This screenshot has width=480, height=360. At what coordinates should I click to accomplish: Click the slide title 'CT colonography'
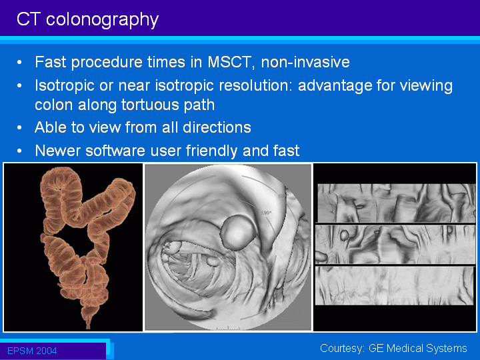(x=87, y=20)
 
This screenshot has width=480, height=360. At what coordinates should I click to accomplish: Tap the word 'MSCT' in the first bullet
(x=229, y=62)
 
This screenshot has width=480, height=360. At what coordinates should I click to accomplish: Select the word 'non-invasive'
(x=305, y=62)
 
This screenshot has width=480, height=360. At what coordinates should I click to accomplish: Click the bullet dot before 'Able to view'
(x=19, y=127)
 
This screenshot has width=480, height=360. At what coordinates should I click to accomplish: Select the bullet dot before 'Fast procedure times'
(x=19, y=63)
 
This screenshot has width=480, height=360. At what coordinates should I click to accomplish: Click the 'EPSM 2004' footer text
(x=32, y=351)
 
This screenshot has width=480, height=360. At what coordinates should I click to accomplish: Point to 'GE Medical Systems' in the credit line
(x=418, y=349)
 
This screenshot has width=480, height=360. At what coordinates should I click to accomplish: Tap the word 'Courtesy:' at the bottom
(x=343, y=349)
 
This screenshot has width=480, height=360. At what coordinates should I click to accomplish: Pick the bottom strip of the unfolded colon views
(x=395, y=285)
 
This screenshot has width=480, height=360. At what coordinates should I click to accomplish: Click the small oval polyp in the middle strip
(x=345, y=235)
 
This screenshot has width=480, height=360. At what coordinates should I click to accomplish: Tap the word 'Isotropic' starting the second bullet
(x=65, y=86)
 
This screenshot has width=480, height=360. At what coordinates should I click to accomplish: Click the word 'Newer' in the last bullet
(x=57, y=151)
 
